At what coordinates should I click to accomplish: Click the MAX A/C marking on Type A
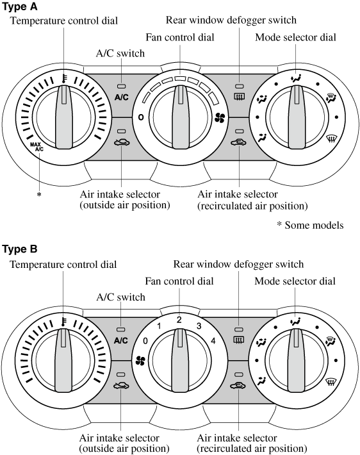click(37, 147)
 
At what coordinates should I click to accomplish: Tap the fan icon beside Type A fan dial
click(220, 118)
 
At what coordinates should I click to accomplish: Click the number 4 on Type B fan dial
click(213, 341)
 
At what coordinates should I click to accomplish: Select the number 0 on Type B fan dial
click(145, 341)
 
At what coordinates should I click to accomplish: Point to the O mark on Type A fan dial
click(141, 117)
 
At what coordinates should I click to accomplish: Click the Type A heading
click(20, 6)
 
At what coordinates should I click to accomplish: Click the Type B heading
click(20, 249)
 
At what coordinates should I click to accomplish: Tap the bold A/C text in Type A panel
click(121, 97)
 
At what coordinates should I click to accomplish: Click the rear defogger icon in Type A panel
click(240, 95)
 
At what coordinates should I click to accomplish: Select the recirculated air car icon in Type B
click(238, 386)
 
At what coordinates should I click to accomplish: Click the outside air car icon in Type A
click(122, 142)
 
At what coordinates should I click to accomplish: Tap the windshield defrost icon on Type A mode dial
click(330, 138)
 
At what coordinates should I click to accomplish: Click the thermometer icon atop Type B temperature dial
click(63, 322)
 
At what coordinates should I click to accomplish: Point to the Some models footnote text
click(311, 225)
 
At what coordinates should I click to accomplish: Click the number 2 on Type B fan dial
click(179, 320)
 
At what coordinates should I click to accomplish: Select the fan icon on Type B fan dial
click(140, 361)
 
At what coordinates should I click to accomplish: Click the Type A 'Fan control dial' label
click(180, 37)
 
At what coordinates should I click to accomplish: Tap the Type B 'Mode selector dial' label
click(295, 281)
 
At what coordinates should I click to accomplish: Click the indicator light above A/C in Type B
click(120, 329)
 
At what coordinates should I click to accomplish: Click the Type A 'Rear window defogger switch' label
click(231, 21)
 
